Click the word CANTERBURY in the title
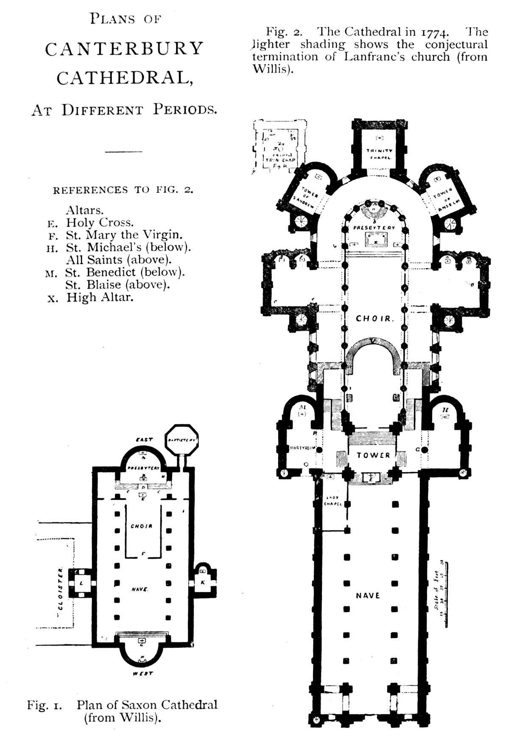point(125,49)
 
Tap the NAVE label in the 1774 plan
point(368,596)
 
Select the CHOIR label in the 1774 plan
point(373,319)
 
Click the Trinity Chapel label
point(380,153)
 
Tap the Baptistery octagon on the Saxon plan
point(181,440)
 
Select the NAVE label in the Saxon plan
point(140,589)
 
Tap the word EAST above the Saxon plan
point(144,440)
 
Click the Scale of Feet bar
point(445,593)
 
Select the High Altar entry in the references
point(99,297)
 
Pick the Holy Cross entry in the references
point(99,223)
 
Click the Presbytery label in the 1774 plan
point(374,228)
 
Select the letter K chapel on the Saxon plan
point(203,582)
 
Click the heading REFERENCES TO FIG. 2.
point(123,190)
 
